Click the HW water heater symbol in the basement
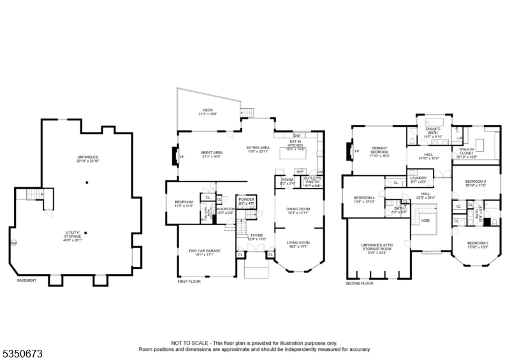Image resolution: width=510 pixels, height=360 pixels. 13,243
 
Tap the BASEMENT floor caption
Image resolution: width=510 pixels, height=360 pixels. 26,280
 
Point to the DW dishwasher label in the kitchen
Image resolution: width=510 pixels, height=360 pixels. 296,136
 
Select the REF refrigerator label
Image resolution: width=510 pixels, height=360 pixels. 300,171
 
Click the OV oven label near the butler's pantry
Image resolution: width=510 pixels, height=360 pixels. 319,171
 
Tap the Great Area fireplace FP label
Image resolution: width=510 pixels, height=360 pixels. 182,157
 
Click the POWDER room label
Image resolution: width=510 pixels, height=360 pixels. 246,199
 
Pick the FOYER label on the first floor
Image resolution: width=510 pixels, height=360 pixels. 256,235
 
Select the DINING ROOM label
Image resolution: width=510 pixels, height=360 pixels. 298,208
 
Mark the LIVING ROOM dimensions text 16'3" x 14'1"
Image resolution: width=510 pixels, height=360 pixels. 298,246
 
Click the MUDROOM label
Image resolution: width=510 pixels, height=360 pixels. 226,208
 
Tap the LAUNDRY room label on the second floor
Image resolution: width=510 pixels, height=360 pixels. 418,178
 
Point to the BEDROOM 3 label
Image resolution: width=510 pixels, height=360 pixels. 477,243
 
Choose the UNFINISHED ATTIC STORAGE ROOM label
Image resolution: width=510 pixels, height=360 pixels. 375,247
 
